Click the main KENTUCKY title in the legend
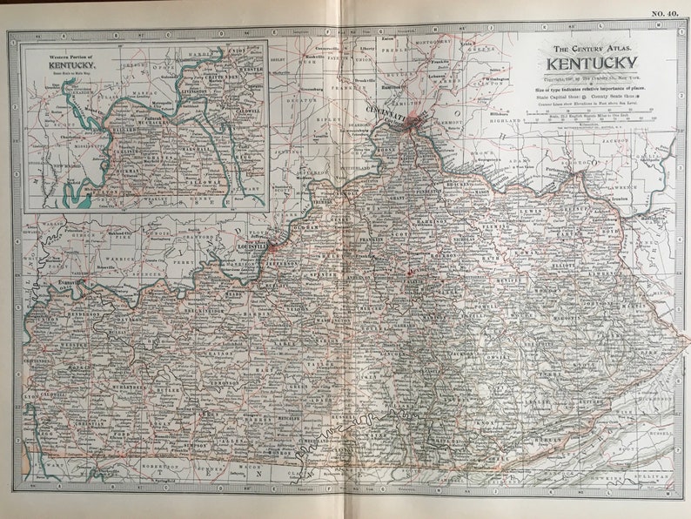click(592, 64)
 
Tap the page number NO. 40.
click(668, 11)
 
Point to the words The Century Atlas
click(592, 49)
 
